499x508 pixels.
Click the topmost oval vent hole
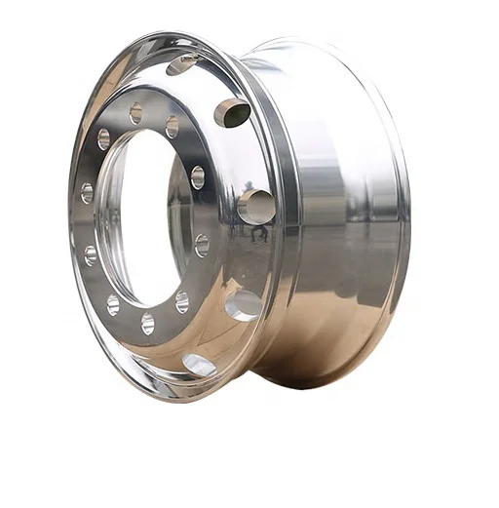(180, 64)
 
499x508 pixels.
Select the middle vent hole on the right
(255, 206)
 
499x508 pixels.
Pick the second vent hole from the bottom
(242, 304)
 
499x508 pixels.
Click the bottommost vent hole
(199, 365)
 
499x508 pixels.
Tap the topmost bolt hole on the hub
(135, 114)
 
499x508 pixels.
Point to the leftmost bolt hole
(87, 193)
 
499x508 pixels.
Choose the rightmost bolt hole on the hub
(202, 244)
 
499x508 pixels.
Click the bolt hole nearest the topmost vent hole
(172, 127)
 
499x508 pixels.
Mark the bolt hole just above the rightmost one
(198, 177)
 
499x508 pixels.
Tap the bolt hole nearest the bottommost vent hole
(182, 301)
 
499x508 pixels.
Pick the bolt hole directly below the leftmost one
(91, 255)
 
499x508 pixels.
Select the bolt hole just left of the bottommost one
(113, 304)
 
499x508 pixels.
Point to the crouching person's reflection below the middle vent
(258, 233)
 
